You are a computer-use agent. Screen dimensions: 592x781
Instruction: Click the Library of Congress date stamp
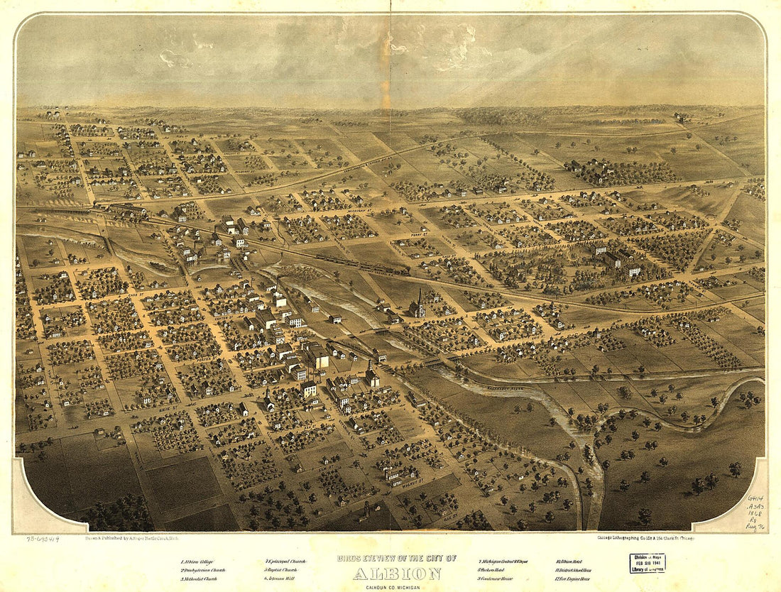pyautogui.click(x=647, y=564)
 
